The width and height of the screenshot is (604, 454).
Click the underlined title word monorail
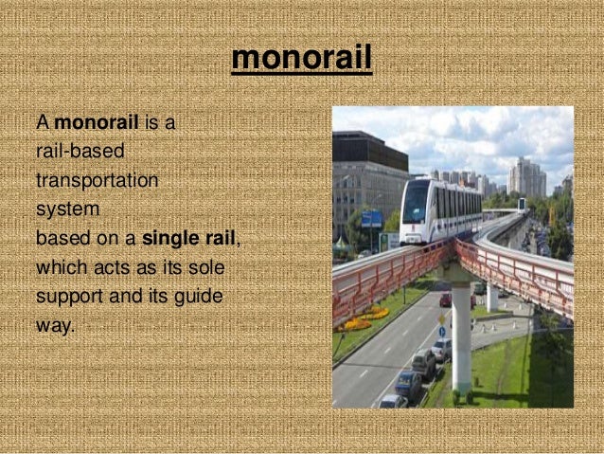(301, 59)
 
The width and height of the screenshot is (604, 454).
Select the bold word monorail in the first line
(98, 123)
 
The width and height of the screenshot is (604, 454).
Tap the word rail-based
(80, 152)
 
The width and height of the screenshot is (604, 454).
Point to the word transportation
(97, 180)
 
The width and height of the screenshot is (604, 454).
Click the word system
(67, 209)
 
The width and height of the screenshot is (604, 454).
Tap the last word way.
(54, 325)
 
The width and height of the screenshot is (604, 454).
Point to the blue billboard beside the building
(371, 219)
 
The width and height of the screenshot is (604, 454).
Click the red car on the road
(446, 300)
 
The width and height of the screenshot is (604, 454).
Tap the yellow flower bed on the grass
(364, 318)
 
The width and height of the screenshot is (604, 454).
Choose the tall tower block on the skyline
(526, 176)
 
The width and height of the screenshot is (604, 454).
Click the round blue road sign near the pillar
(441, 331)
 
